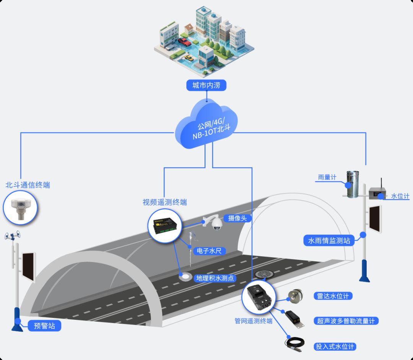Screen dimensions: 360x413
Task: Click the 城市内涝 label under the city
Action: (x=206, y=85)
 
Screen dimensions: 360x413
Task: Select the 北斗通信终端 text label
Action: (x=28, y=185)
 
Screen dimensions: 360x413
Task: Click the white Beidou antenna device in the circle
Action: (x=20, y=208)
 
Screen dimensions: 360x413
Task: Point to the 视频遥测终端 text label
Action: (x=165, y=202)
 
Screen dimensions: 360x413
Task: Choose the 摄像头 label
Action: (x=240, y=218)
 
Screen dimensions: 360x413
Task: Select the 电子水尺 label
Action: (x=209, y=251)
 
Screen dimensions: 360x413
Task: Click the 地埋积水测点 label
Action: (x=215, y=278)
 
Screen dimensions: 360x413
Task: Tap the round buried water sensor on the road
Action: (x=186, y=276)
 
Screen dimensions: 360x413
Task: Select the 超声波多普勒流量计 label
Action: (x=346, y=321)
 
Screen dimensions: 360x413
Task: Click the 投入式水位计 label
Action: (x=335, y=347)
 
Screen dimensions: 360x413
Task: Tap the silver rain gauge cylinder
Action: (x=353, y=184)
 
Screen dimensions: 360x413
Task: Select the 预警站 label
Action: (x=44, y=326)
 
